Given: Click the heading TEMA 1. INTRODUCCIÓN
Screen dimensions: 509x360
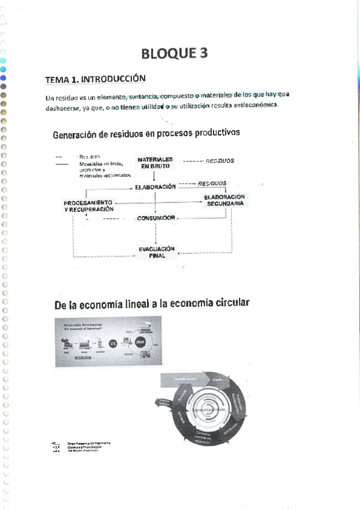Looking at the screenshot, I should coord(96,79).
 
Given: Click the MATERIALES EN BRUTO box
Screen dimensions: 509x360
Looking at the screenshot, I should coord(155,162).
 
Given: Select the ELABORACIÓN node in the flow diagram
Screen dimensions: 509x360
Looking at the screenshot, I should coord(155,187).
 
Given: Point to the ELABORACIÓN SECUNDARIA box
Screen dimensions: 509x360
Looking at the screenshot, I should coord(225,200).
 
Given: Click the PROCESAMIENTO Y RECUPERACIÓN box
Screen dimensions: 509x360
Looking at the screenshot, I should coord(89,206).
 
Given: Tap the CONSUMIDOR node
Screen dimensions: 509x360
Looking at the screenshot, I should coord(156,218).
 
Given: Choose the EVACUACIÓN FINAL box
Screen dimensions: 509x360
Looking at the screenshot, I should coord(156,252).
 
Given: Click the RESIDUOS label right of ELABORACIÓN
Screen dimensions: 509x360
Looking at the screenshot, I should coord(212,183).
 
